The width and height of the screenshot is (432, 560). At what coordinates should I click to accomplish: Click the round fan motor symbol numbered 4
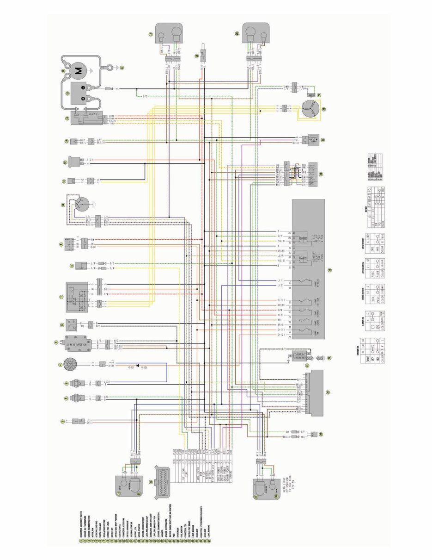click(71, 366)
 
